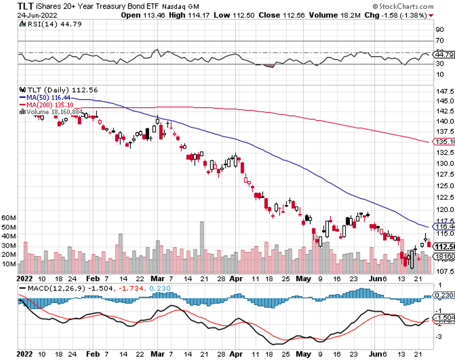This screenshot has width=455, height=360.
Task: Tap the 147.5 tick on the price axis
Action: [x=443, y=91]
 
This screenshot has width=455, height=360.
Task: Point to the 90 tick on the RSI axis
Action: [x=439, y=30]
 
